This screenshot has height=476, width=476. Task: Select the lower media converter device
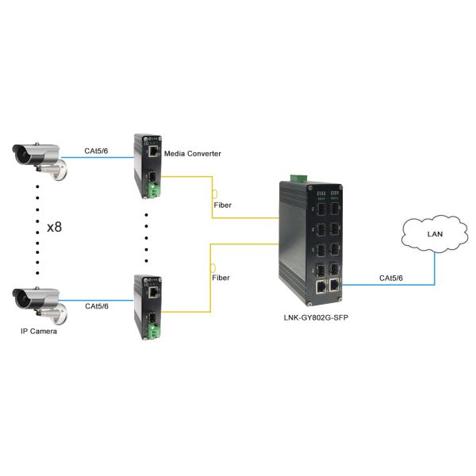(x=148, y=307)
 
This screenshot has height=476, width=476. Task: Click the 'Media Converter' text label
(x=192, y=152)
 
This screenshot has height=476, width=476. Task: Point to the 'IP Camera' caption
(x=39, y=331)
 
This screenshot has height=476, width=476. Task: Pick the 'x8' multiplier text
(x=56, y=227)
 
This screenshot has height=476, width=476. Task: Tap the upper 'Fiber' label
(x=225, y=205)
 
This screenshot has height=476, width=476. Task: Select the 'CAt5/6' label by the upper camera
(x=97, y=150)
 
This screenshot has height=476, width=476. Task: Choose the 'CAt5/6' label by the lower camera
(x=97, y=305)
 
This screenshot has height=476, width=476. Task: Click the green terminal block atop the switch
(x=297, y=176)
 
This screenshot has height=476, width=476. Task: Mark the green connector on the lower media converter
(x=152, y=334)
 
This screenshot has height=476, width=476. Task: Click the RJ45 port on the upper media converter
(x=152, y=148)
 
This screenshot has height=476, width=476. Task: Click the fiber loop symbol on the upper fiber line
(x=214, y=194)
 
